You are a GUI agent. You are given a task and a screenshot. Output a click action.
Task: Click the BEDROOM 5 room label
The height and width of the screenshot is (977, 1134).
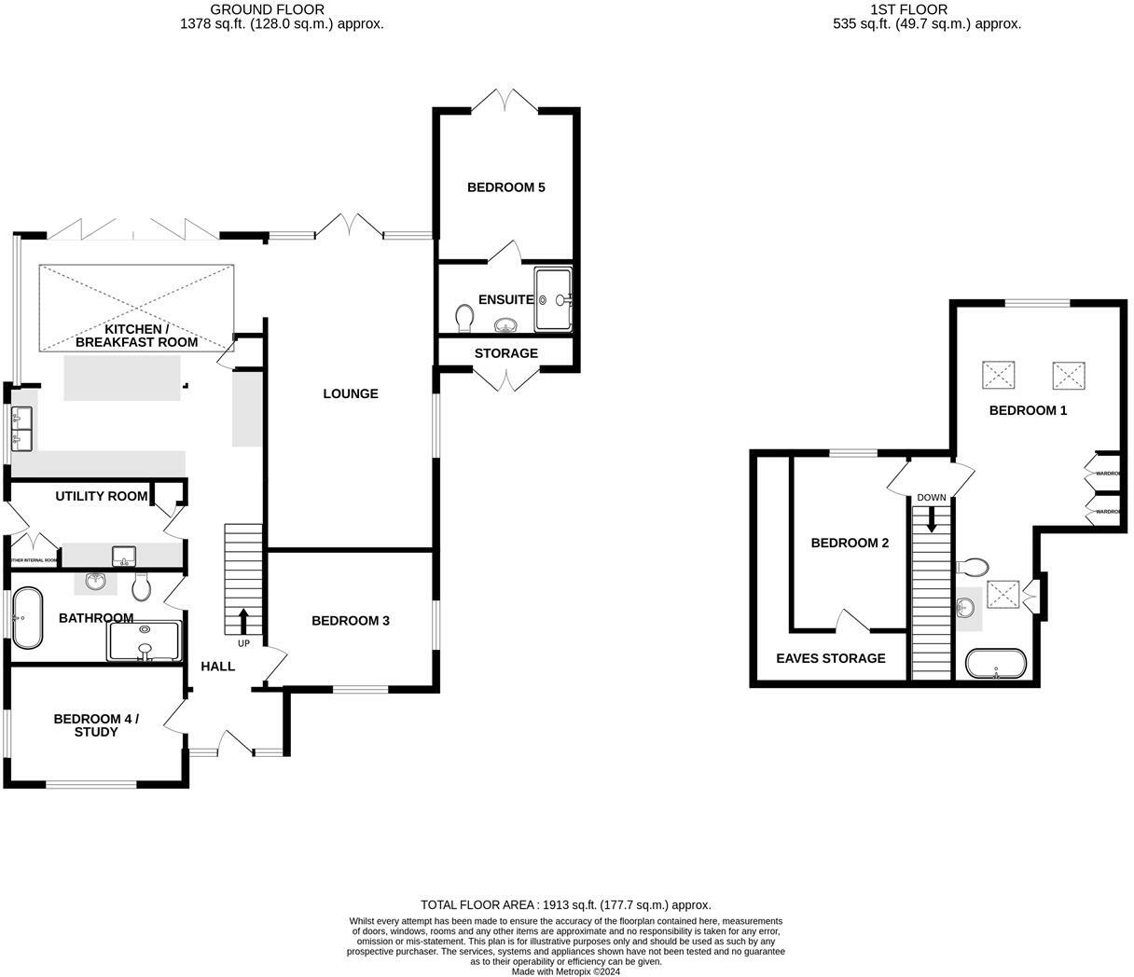tap(505, 187)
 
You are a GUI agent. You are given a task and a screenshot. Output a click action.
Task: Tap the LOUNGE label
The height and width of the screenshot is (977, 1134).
tap(351, 393)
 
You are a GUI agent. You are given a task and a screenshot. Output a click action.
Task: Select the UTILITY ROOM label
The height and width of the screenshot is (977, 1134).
tap(101, 496)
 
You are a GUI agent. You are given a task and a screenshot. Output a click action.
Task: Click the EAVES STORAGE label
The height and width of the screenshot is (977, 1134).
tap(830, 658)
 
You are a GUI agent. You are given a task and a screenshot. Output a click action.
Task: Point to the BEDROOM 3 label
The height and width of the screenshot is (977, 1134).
tap(350, 621)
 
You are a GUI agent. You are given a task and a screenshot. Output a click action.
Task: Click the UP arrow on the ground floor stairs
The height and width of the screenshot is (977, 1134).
tap(244, 620)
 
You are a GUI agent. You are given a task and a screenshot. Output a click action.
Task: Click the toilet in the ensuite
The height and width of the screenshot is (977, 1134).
tap(464, 318)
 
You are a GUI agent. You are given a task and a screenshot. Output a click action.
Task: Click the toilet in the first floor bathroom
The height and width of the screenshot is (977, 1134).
tap(973, 566)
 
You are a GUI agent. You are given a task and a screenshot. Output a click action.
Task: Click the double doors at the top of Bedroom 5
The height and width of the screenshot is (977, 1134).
tap(505, 99)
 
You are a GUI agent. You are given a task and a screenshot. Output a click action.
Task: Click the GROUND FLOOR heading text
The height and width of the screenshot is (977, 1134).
tap(267, 9)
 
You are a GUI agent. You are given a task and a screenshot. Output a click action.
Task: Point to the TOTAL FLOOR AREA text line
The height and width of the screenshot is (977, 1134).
tap(565, 904)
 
